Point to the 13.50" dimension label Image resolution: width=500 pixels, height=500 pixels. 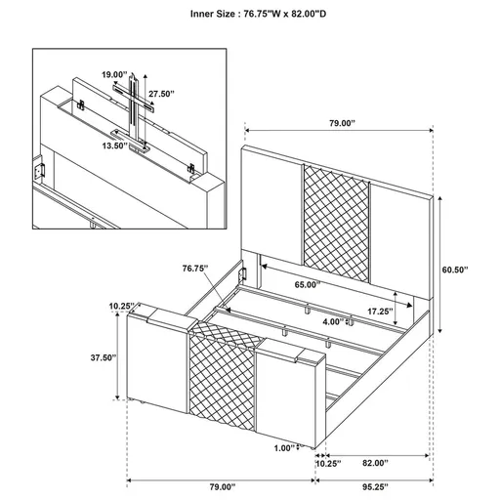[x=116, y=146]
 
